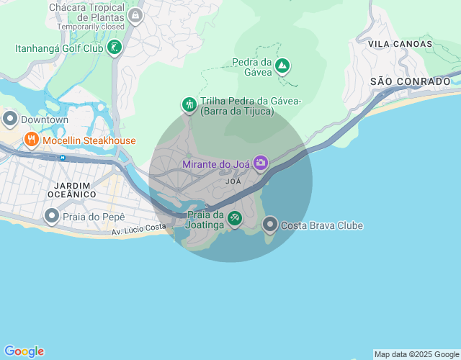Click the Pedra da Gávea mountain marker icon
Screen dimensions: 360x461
point(283,67)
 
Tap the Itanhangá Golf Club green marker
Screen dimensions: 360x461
point(114,48)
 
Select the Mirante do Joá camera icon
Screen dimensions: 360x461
point(260,163)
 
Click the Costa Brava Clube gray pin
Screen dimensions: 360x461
point(270,225)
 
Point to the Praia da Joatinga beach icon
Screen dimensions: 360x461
point(234,218)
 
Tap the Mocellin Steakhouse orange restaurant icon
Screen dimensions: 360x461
point(31,140)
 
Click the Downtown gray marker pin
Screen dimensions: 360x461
point(10,119)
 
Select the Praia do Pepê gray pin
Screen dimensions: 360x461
point(52,215)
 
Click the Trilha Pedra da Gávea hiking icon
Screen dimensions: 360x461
point(189,105)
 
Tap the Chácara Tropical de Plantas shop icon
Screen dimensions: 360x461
point(135,14)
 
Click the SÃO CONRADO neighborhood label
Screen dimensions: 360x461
point(410,81)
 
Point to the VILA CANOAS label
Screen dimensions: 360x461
point(400,44)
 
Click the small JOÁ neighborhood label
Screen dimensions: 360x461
point(233,181)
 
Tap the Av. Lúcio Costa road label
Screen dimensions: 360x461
point(139,228)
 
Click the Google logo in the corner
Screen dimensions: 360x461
point(23,351)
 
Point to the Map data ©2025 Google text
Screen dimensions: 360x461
point(416,354)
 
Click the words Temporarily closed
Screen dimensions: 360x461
point(91,26)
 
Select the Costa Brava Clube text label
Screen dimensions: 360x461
point(322,225)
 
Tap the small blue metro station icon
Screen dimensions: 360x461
point(63,157)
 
